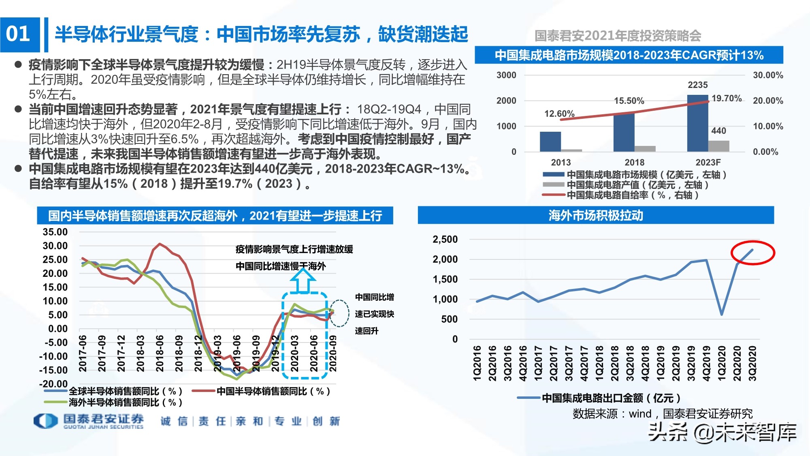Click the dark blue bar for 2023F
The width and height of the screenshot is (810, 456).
pos(697,124)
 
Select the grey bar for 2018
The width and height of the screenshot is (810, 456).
pos(645,149)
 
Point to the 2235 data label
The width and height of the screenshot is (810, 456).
pos(697,85)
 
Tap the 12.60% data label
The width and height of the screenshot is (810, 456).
pos(559,114)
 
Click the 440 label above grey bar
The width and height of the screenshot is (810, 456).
pos(718,131)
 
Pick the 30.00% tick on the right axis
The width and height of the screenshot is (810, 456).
pos(767,75)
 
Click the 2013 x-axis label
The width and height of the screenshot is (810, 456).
pos(561,163)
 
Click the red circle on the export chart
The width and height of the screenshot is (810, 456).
pos(752,253)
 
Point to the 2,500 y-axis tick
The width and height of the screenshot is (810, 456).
pos(445,240)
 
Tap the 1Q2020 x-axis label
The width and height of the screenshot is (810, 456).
pos(722,363)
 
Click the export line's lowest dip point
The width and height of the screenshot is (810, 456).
pos(722,314)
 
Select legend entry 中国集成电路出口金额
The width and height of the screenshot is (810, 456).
pos(599,398)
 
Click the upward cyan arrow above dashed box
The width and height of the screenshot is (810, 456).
pos(303,280)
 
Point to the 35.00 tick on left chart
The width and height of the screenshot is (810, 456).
pos(55,232)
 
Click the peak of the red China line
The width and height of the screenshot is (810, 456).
pos(160,244)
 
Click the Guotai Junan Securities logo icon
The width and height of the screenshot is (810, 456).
pos(45,421)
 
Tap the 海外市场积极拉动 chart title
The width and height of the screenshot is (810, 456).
pos(595,215)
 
